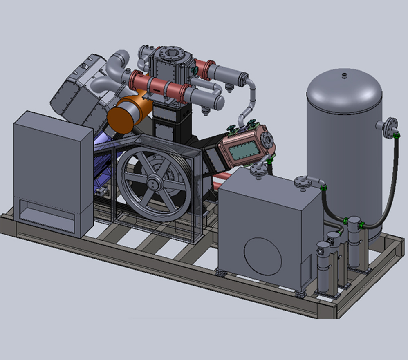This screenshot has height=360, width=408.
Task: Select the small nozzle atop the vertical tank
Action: [x=344, y=75]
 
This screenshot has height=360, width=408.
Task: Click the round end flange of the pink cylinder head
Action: [x=267, y=140]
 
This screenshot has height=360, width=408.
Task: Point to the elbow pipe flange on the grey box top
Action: [x=305, y=181]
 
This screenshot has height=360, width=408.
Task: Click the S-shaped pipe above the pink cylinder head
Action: [x=250, y=102]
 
